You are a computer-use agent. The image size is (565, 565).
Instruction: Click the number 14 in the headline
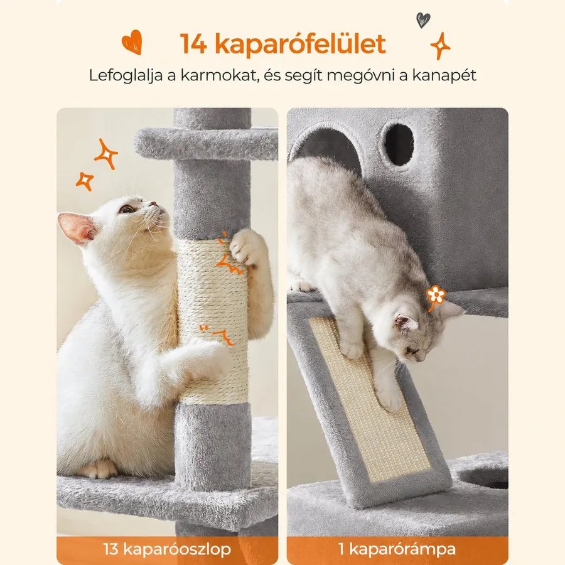point(193,43)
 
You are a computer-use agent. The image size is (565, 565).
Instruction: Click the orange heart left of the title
point(132,42)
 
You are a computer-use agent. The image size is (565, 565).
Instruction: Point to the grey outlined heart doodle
point(422,20)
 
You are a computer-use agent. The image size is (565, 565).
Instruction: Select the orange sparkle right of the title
point(440,45)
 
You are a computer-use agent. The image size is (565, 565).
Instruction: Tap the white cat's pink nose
point(154,204)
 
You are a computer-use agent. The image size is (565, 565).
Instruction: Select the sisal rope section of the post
point(213,321)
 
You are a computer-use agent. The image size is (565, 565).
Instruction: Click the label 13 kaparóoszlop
point(167,549)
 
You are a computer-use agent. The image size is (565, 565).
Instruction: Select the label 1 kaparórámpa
point(397,549)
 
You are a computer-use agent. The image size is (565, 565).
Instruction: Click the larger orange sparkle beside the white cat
point(105,154)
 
